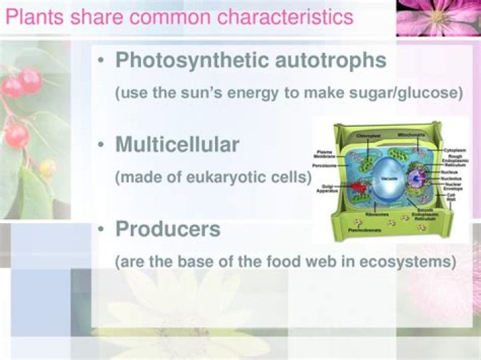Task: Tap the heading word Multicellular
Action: pos(177,144)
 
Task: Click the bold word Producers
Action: pos(168,228)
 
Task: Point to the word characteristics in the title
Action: pos(280,17)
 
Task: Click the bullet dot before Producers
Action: pos(100,229)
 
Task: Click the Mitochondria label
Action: pos(409,134)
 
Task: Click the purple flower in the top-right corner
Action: pos(438,17)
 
